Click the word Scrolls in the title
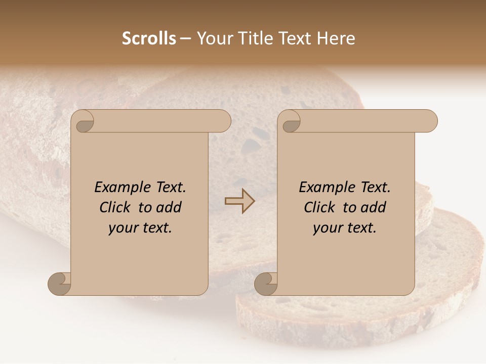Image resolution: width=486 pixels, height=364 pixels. pyautogui.click(x=149, y=38)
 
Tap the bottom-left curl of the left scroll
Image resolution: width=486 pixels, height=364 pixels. pyautogui.click(x=60, y=284)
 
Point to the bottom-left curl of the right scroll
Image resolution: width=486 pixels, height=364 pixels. pyautogui.click(x=266, y=284)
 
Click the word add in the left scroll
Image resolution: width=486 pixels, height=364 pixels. pyautogui.click(x=169, y=207)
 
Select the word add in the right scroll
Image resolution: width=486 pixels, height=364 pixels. pyautogui.click(x=374, y=207)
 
